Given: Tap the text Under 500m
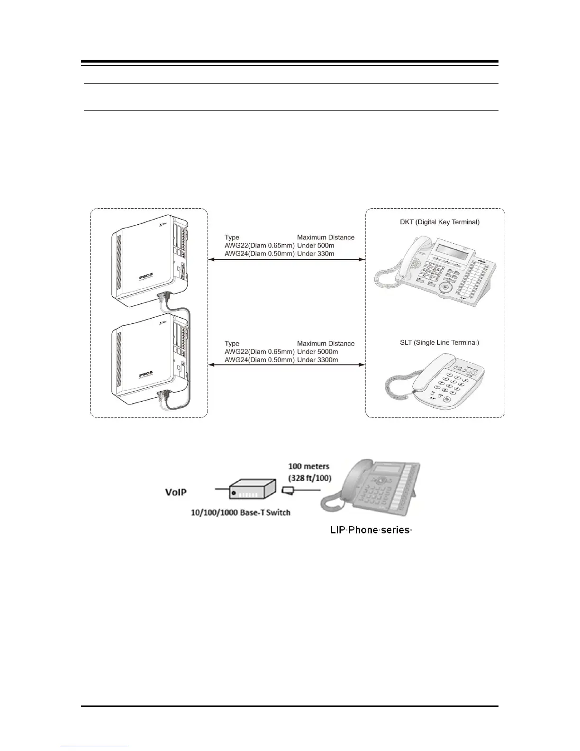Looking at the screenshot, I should click(x=316, y=246).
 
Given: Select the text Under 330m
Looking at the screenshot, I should click(x=316, y=254).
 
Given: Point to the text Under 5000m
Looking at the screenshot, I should click(x=317, y=352).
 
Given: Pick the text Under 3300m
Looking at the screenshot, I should click(x=317, y=360).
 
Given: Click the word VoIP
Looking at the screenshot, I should click(x=176, y=492).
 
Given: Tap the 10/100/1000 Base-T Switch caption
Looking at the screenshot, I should click(x=240, y=513).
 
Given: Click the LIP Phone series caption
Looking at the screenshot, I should click(x=371, y=530).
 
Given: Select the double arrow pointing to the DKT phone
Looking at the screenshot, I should click(x=287, y=259).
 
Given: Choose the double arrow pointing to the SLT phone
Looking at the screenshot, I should click(x=287, y=365).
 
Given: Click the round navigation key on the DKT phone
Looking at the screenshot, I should click(x=445, y=288).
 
